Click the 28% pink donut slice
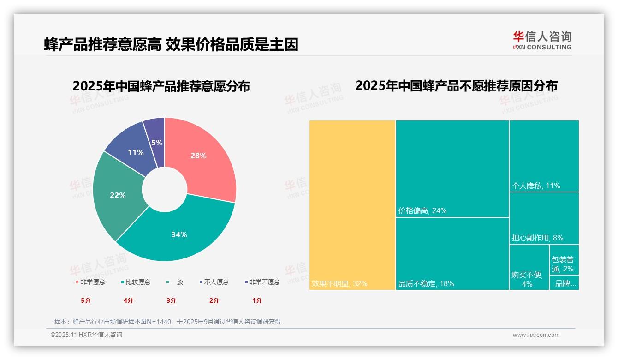click(203, 157)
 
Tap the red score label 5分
click(86, 300)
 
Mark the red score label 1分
click(257, 300)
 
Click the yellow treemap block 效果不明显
click(352, 205)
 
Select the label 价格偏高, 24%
click(422, 211)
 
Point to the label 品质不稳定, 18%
click(426, 283)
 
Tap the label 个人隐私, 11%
click(535, 186)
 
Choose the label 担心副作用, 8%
click(537, 238)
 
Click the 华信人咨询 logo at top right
click(542, 40)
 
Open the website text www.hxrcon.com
click(535, 335)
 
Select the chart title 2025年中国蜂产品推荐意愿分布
click(161, 86)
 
